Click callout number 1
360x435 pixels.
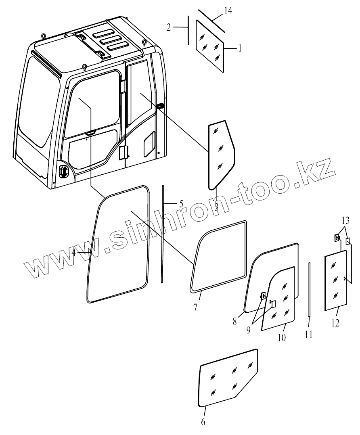point(240,48)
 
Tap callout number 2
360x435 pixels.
point(169,27)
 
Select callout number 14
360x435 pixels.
point(228,11)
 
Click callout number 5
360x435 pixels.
point(181,203)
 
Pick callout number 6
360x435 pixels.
point(203,422)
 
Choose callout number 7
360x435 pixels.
point(195,307)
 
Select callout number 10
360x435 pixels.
point(281,337)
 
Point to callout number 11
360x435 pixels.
point(309,335)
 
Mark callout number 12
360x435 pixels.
point(336,322)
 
